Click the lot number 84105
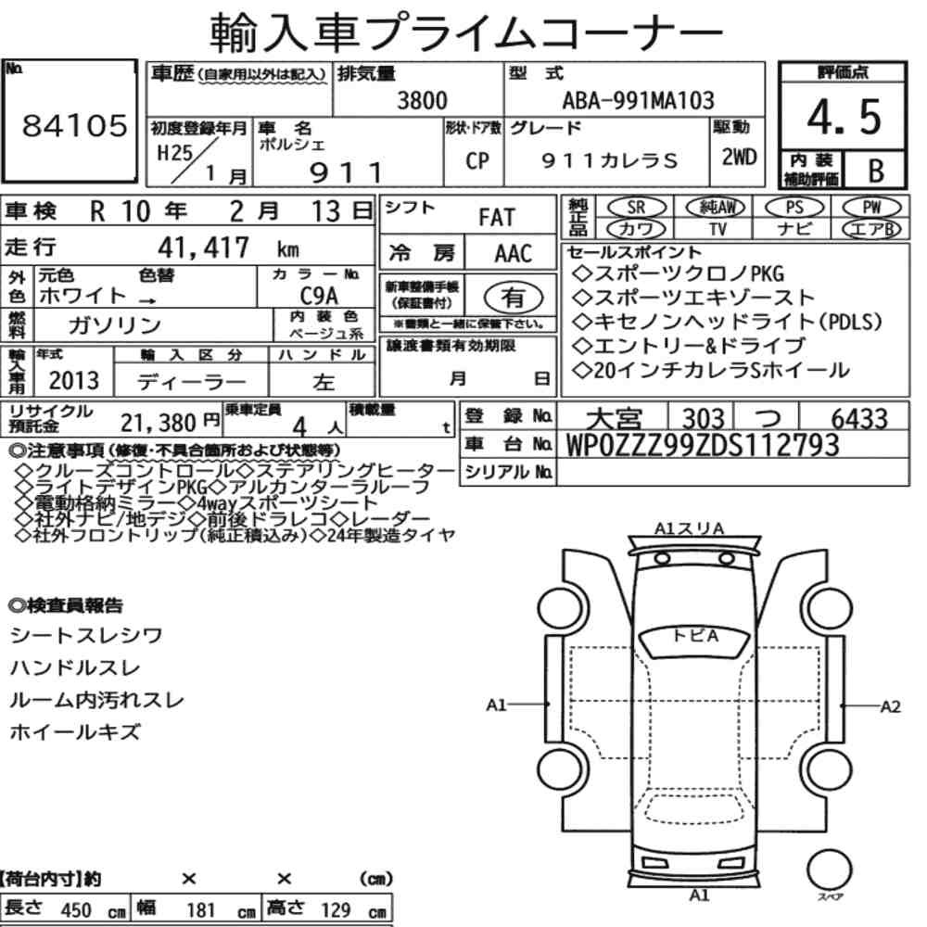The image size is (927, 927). click(74, 125)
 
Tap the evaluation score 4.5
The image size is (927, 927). click(844, 117)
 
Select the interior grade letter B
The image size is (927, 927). click(876, 171)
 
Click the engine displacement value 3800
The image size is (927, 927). click(422, 100)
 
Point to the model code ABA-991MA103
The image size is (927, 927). click(638, 100)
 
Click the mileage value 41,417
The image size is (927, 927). click(203, 248)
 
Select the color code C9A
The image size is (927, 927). click(319, 296)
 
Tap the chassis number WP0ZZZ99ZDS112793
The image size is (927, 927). click(703, 445)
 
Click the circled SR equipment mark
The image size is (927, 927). click(637, 207)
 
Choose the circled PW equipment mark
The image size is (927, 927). click(872, 207)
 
